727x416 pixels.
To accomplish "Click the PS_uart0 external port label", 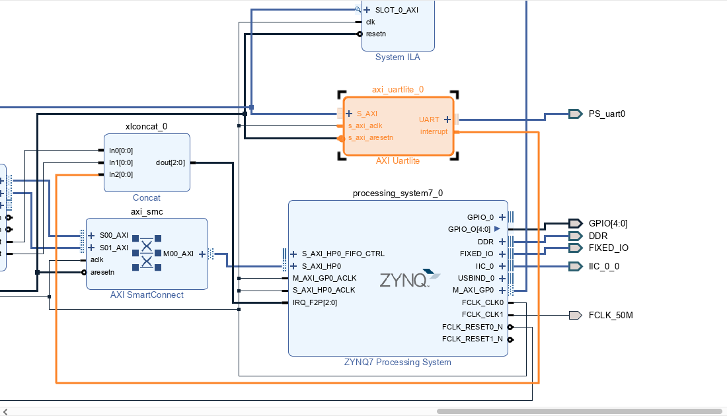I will [x=607, y=114].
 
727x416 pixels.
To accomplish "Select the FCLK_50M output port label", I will [x=611, y=315].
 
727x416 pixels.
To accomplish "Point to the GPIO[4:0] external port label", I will [x=608, y=223].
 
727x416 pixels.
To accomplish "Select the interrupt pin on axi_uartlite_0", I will [x=434, y=131].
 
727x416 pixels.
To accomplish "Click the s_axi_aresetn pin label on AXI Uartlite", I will [x=371, y=137].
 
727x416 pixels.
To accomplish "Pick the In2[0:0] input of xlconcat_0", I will [x=121, y=174].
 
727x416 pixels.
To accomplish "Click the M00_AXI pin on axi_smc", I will [x=178, y=254].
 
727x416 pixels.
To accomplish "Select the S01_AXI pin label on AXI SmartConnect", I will [x=114, y=248].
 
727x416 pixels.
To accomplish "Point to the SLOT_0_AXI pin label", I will [x=397, y=10].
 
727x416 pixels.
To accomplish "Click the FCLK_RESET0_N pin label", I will [x=472, y=327].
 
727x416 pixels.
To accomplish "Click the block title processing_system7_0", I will [x=398, y=193].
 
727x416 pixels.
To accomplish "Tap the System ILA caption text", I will [x=397, y=57].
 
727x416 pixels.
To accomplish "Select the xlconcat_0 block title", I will [x=146, y=126].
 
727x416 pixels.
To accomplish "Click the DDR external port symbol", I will [x=575, y=236].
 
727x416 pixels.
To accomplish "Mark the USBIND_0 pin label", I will [x=475, y=278].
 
